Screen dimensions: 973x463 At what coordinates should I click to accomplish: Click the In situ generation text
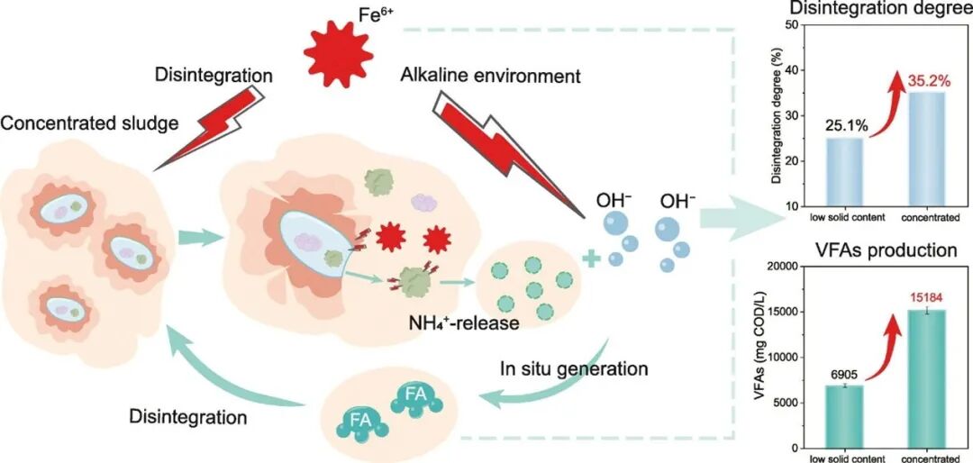pos(573,369)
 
